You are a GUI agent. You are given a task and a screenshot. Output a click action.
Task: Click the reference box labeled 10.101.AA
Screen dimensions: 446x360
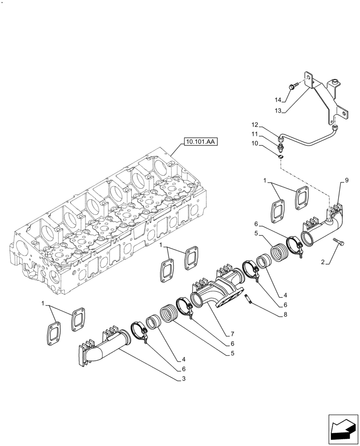tap(199, 142)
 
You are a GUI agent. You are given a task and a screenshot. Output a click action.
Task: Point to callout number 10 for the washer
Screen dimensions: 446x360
tap(267, 144)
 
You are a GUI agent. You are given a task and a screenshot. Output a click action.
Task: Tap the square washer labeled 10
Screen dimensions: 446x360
tap(279, 157)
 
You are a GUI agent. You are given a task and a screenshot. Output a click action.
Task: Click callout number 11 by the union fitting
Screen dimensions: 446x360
tap(267, 134)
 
